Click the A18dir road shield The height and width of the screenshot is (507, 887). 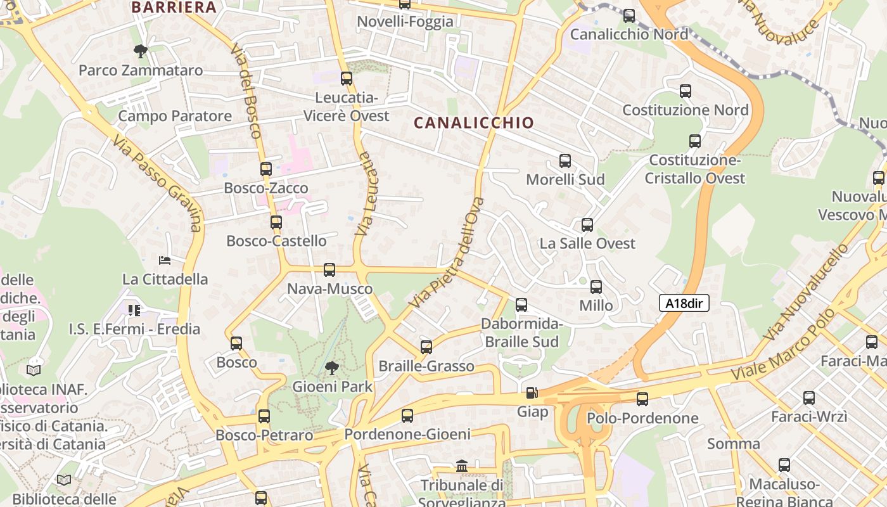(684, 304)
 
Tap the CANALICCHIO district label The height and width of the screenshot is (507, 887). (474, 123)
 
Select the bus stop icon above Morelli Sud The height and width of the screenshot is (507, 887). (565, 161)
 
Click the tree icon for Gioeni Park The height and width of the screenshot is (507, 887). (331, 368)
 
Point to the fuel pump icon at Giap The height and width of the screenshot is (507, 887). (532, 393)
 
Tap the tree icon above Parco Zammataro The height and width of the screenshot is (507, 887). (141, 51)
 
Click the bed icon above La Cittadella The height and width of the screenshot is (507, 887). (165, 260)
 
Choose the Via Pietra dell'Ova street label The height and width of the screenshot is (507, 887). (447, 253)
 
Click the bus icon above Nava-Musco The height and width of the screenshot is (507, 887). (329, 270)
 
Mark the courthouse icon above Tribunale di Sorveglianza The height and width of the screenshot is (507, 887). (462, 466)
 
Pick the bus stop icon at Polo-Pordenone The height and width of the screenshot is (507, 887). (642, 399)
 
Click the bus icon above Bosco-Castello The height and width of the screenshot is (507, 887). (276, 222)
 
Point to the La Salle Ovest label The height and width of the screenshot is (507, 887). (587, 243)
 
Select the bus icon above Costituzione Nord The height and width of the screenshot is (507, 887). (685, 91)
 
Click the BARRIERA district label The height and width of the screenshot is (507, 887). (174, 8)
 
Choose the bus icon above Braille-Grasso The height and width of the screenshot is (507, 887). (426, 347)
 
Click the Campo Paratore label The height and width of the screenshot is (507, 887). (175, 116)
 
